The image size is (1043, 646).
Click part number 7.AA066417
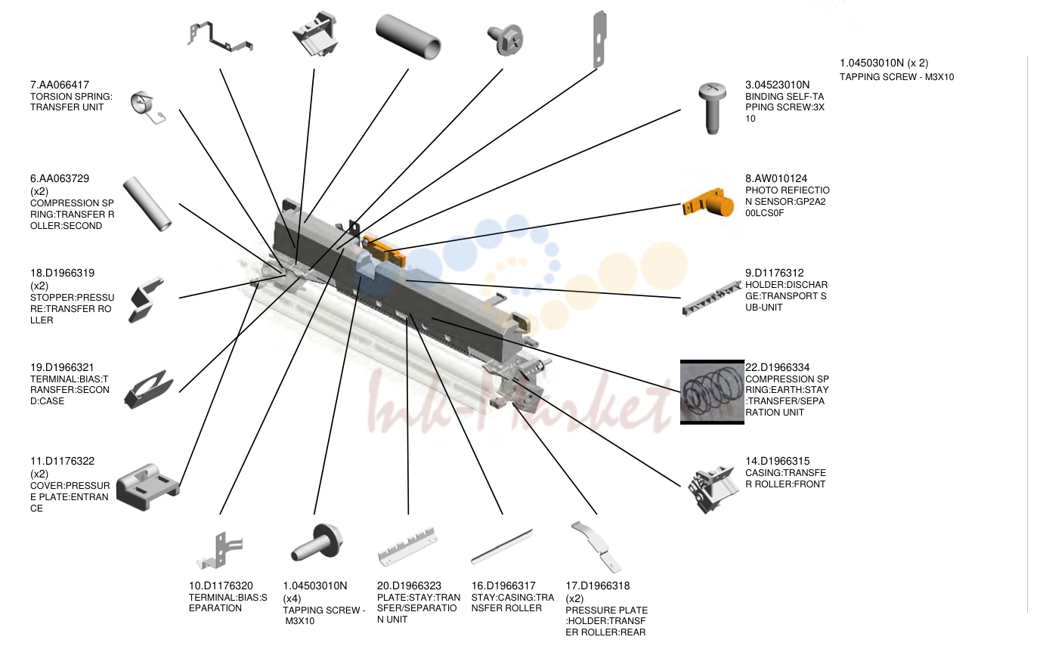point(60,85)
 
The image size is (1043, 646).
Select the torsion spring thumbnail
point(147,107)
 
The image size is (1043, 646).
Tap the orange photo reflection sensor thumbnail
point(707,203)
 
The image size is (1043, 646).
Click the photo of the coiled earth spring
point(712,392)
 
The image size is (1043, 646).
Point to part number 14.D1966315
point(777,461)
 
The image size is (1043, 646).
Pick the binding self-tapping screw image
point(712,108)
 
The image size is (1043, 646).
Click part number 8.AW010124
point(775,179)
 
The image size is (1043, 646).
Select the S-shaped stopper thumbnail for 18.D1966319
point(146,299)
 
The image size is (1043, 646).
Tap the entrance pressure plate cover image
point(147,487)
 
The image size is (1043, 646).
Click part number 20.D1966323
point(409,586)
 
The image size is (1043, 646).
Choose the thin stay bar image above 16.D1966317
point(502,546)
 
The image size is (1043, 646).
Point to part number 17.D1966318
point(597,586)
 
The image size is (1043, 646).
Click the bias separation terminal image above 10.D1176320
point(219,551)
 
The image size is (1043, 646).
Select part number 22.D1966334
point(777,368)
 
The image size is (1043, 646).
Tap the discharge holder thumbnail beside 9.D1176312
point(711,298)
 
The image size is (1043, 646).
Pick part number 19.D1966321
point(62,368)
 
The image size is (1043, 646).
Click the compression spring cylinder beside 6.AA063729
point(147,203)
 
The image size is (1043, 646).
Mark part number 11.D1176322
point(62,461)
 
